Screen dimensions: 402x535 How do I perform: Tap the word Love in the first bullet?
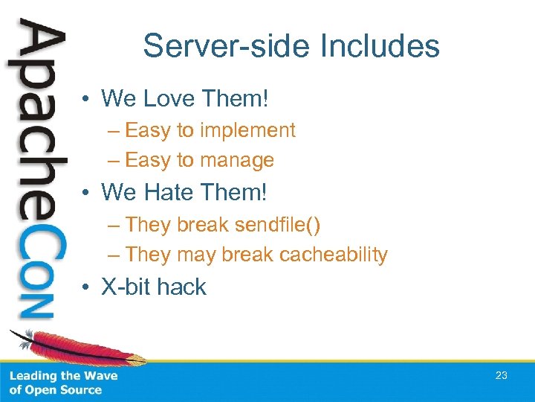click(x=162, y=98)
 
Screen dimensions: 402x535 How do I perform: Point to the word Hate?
click(x=162, y=192)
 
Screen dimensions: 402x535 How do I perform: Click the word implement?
click(x=247, y=130)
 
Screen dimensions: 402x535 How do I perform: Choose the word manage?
click(x=236, y=160)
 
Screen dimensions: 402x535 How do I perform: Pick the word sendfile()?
click(x=279, y=224)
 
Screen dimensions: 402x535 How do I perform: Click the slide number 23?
click(x=502, y=375)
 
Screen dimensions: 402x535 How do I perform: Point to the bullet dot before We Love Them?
click(x=88, y=99)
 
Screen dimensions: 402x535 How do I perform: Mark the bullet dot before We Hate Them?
click(x=88, y=193)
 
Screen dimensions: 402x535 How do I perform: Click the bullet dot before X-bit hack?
click(x=88, y=287)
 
